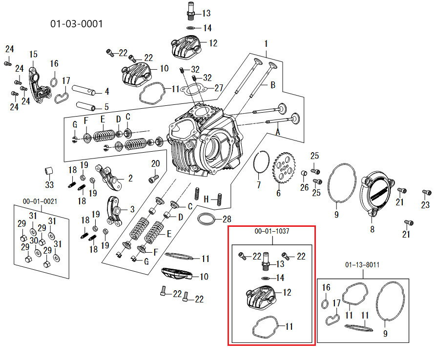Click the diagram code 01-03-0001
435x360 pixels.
[77, 23]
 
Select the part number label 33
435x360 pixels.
[49, 185]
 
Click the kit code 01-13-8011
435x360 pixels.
[363, 265]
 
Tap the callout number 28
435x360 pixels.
[227, 219]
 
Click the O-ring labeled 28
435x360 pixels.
[207, 219]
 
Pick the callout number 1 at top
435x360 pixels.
[266, 43]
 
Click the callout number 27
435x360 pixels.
[218, 88]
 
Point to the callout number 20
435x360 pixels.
[155, 163]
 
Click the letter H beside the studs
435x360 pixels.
[206, 199]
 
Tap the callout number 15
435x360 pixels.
[33, 54]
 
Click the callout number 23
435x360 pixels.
[426, 205]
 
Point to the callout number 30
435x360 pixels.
[34, 241]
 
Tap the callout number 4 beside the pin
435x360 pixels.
[106, 91]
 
